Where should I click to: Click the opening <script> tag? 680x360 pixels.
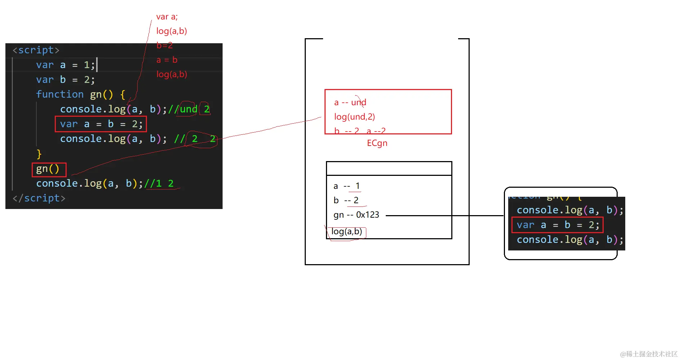(x=36, y=50)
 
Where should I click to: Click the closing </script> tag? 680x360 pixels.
(x=39, y=198)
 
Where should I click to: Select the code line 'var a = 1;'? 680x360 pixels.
(x=65, y=65)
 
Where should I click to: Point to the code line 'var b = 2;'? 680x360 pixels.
(x=65, y=80)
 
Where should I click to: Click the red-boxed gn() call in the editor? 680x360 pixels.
(x=48, y=169)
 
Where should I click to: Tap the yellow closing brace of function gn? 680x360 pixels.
(x=39, y=154)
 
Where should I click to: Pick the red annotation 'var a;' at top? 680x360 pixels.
(x=167, y=17)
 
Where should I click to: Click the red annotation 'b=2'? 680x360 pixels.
(x=164, y=45)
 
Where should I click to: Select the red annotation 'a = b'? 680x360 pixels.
(x=167, y=60)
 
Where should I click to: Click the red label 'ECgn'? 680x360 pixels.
(x=377, y=143)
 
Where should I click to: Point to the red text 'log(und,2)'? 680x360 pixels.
(x=354, y=117)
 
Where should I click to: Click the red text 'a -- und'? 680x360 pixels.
(x=350, y=102)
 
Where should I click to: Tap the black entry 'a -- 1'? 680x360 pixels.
(x=346, y=186)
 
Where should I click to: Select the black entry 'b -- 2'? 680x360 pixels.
(x=346, y=200)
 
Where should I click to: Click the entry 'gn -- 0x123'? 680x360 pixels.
(x=356, y=215)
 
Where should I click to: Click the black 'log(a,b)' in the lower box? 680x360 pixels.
(x=346, y=231)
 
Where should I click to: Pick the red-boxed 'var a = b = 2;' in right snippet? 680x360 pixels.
(x=557, y=225)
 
